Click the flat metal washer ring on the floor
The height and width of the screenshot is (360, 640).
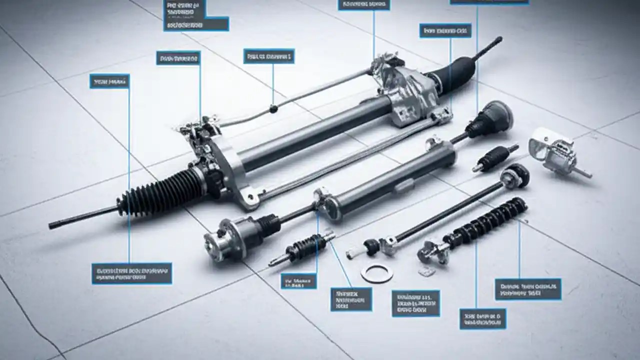(x=376, y=273)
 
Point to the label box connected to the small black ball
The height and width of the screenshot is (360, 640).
(x=268, y=56)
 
